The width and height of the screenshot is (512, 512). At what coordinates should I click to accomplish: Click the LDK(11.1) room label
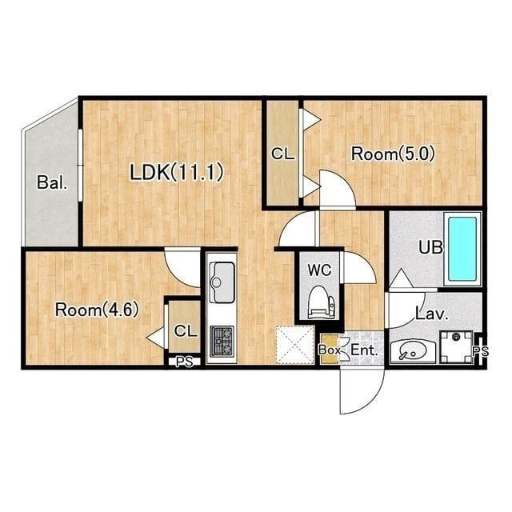[x=177, y=172]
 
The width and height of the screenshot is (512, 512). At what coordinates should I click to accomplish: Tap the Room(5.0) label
[x=393, y=154]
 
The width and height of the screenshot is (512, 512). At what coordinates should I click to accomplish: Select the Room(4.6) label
[x=97, y=310]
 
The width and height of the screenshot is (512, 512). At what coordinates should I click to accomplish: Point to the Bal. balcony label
[x=52, y=182]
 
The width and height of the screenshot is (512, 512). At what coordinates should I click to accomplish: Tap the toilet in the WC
[x=322, y=302]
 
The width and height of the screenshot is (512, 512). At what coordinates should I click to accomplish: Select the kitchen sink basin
[x=222, y=282]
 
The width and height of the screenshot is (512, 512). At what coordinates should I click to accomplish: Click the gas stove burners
[x=222, y=341]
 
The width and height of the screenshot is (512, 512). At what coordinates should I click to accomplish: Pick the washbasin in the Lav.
[x=413, y=352]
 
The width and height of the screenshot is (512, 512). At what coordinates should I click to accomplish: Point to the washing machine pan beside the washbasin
[x=456, y=346]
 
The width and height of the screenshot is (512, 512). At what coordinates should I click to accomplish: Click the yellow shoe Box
[x=330, y=349]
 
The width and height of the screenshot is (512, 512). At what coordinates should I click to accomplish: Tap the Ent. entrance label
[x=364, y=350]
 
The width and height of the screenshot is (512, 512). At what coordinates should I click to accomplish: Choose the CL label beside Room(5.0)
[x=282, y=154]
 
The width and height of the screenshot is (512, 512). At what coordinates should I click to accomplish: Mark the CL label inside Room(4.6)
[x=186, y=330]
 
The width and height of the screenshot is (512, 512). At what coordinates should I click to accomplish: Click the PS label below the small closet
[x=185, y=362]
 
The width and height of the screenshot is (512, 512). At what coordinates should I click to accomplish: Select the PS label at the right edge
[x=481, y=351]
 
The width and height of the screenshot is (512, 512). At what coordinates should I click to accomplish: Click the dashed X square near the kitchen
[x=295, y=345]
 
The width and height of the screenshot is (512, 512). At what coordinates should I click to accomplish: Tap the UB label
[x=430, y=247]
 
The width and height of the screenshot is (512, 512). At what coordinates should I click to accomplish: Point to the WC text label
[x=320, y=270]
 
